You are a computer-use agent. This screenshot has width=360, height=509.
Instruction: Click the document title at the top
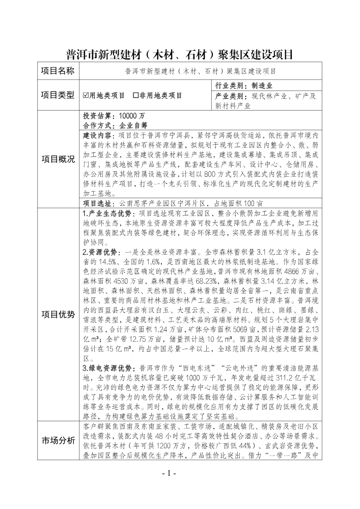coord(180,54)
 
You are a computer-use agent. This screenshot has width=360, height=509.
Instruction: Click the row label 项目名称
coord(58,71)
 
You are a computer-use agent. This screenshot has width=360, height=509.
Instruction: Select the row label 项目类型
coord(58,95)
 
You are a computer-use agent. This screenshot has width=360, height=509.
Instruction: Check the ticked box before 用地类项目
coord(86,95)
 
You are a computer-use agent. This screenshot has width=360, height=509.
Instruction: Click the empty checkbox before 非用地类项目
coord(135,95)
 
